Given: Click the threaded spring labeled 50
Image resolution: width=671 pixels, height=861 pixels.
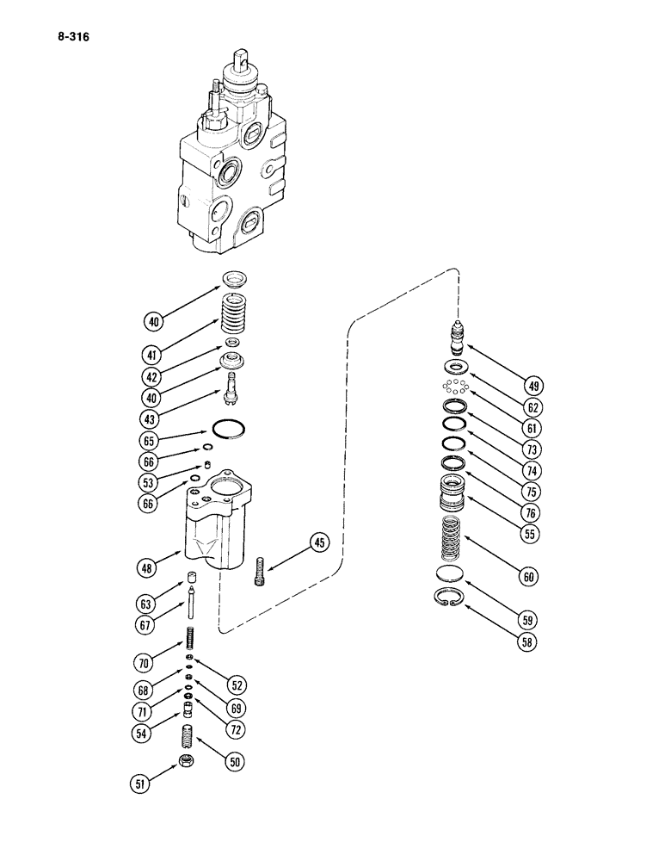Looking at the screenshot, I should (x=187, y=736).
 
